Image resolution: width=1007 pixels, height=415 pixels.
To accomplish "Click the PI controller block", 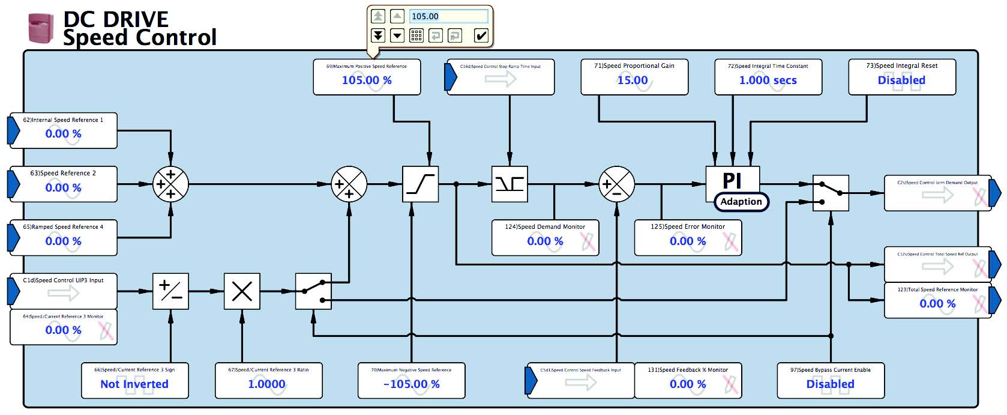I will coord(732,180).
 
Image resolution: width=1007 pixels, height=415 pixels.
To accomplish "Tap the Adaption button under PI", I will coord(741,202).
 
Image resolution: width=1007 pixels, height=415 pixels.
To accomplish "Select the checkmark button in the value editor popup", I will coord(481,35).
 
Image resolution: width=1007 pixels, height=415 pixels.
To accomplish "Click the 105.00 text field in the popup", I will coord(448,16).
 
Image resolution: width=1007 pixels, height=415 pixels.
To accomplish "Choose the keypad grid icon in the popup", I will coord(416,35).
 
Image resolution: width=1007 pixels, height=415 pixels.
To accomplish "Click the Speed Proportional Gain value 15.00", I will coord(633,80).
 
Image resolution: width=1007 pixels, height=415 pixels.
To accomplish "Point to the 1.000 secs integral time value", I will coord(768,80).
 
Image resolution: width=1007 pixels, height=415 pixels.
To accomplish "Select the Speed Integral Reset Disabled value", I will coord(901,80).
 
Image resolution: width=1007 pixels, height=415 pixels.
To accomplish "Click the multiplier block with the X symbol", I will coord(242,292).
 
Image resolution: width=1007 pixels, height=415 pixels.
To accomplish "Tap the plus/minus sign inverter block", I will coord(170,292).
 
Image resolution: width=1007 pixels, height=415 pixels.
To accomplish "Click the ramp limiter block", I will coord(420,184).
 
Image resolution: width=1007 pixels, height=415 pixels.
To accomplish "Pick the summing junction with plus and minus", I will coord(616,184).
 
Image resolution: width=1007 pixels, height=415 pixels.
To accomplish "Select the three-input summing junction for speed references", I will coord(170,184).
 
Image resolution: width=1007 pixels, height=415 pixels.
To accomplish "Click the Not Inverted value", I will coord(134,384).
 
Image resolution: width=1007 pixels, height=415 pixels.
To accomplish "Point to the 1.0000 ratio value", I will coord(266,384).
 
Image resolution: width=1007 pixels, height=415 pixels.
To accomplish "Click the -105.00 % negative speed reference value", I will coord(411,384).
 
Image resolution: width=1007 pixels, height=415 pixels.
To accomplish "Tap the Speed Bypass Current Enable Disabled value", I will coord(830,384).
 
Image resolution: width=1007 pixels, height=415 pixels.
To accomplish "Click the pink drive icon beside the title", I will coord(41,28).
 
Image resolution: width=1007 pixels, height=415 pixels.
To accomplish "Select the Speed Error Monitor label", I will coord(688,227).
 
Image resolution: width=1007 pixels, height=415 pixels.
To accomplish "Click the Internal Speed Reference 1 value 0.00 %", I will coord(63,134).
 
